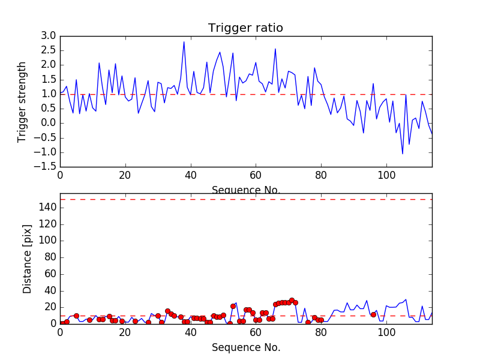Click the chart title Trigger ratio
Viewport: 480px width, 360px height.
click(x=245, y=28)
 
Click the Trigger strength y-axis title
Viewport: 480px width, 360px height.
click(x=23, y=102)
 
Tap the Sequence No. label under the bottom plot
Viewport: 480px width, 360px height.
click(x=245, y=347)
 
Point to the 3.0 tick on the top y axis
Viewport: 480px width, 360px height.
click(x=49, y=36)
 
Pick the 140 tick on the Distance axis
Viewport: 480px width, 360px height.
click(x=47, y=208)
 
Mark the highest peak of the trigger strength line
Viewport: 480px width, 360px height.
click(x=184, y=41)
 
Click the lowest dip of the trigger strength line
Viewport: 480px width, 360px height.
click(x=403, y=154)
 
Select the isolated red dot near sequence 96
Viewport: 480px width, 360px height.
click(x=373, y=314)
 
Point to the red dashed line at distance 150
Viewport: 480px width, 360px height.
click(x=245, y=199)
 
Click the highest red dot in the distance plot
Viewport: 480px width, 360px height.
click(x=292, y=300)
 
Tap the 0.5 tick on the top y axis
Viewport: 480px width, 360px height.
click(x=49, y=109)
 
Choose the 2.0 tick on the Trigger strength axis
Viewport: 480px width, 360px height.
click(x=49, y=65)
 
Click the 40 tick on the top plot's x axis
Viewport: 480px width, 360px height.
click(x=190, y=176)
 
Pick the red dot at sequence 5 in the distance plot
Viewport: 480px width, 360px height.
click(x=76, y=316)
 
